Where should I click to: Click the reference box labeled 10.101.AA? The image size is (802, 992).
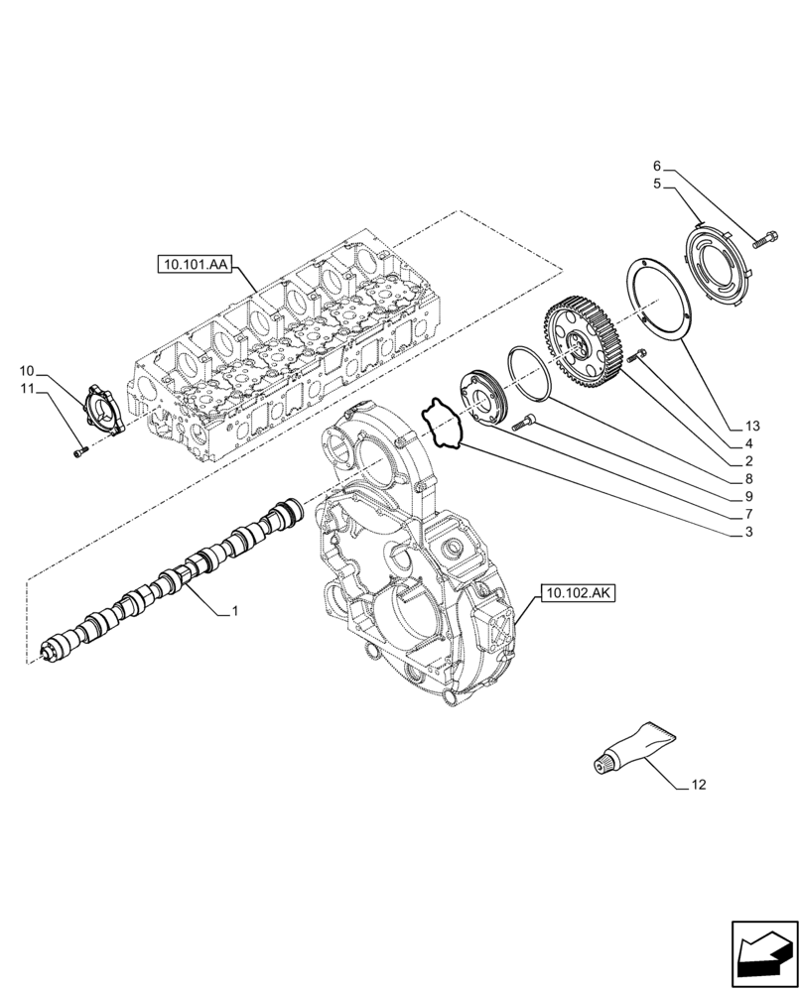(x=193, y=265)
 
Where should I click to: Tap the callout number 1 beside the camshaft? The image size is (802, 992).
(x=234, y=612)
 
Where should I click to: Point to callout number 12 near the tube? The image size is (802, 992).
(x=699, y=786)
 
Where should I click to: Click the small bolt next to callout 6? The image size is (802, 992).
(x=765, y=237)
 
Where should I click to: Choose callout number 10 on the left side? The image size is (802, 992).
(x=26, y=371)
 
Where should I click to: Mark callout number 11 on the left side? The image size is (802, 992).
(x=26, y=389)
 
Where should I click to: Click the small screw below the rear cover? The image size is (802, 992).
(x=79, y=452)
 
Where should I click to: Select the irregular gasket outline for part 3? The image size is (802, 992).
(x=443, y=423)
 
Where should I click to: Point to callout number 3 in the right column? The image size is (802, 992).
(x=748, y=532)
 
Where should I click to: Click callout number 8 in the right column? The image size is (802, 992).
(x=748, y=479)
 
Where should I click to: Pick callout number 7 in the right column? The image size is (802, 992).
(x=748, y=515)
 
